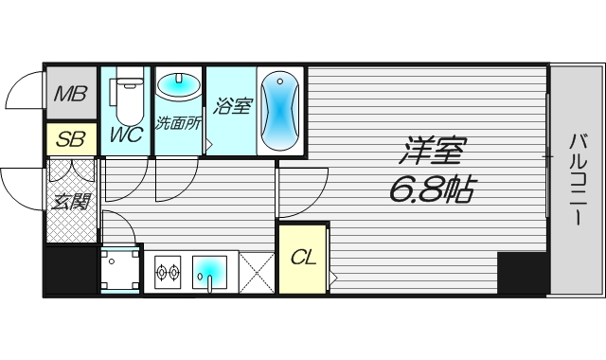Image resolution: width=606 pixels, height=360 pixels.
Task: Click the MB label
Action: (70, 94)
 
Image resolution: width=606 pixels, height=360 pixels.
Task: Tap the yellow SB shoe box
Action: (71, 138)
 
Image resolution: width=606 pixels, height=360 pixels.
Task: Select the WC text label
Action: (126, 135)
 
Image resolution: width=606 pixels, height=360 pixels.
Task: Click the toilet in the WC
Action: (129, 97)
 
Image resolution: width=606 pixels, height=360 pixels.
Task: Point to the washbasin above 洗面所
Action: (178, 84)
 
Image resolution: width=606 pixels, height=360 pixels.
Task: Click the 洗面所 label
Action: (178, 123)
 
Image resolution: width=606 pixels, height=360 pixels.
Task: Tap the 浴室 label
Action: (232, 106)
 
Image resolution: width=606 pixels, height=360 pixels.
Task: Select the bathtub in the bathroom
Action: (280, 111)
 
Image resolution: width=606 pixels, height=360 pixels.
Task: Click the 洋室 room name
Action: (432, 151)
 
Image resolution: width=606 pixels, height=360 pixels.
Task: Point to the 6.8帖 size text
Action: (431, 189)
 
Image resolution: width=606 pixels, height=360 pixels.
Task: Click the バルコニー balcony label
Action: (577, 179)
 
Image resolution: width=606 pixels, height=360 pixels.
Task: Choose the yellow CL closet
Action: (303, 259)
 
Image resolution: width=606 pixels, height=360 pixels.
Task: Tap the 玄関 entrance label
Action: (71, 202)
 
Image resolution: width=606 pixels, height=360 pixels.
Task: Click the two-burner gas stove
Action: (168, 272)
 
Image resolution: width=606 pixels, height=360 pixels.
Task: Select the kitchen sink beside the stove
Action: (209, 272)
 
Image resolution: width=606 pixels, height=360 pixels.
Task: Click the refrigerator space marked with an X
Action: (257, 273)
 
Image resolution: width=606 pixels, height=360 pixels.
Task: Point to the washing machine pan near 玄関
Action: (120, 270)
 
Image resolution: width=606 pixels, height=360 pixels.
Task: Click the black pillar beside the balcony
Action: (522, 273)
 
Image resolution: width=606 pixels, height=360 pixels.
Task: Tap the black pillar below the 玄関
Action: (71, 270)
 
